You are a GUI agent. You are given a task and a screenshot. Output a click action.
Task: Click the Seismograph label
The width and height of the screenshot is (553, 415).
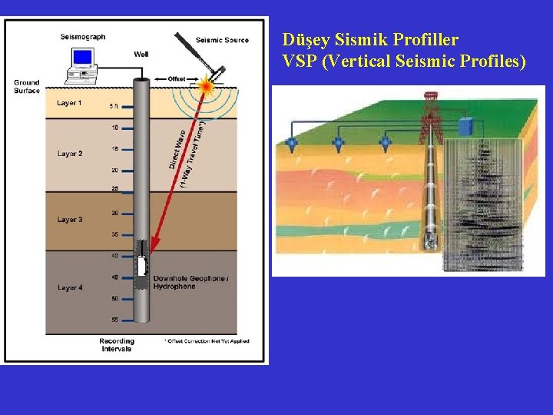coord(83,36)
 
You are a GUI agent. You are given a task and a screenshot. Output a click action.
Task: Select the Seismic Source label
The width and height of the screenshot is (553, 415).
coord(222,40)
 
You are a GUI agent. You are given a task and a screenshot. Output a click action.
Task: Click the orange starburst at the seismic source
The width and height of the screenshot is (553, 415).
coord(205,87)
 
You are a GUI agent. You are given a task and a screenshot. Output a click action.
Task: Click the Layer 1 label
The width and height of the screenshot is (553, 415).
coord(70,103)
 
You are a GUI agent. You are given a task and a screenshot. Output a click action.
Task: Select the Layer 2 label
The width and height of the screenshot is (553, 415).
coord(70,154)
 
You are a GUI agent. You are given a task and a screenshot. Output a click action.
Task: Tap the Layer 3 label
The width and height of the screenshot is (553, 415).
coord(70,220)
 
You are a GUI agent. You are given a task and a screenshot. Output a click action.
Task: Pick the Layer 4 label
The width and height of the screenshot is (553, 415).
coord(70,287)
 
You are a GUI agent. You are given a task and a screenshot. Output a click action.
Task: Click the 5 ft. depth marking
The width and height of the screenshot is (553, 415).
coord(114,106)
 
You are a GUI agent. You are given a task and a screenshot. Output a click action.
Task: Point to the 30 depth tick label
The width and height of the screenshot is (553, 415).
coord(114,213)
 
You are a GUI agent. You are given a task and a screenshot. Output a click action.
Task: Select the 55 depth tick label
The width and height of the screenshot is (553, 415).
coord(114,319)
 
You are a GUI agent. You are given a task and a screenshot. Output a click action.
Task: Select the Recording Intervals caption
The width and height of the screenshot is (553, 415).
coord(117,345)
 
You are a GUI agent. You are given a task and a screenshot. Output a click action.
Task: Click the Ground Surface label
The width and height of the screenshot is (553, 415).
coord(27,87)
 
